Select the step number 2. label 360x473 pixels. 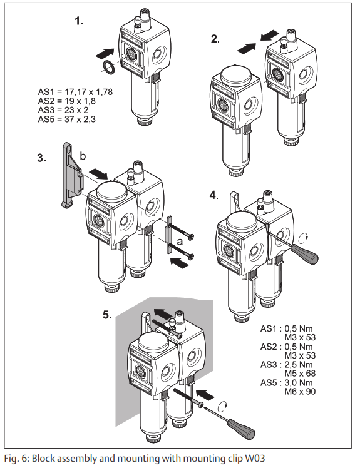pyautogui.click(x=215, y=39)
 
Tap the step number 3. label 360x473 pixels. pyautogui.click(x=42, y=158)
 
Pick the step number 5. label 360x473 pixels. pyautogui.click(x=107, y=314)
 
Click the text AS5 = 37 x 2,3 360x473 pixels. pyautogui.click(x=66, y=119)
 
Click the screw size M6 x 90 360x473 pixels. pyautogui.click(x=299, y=392)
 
